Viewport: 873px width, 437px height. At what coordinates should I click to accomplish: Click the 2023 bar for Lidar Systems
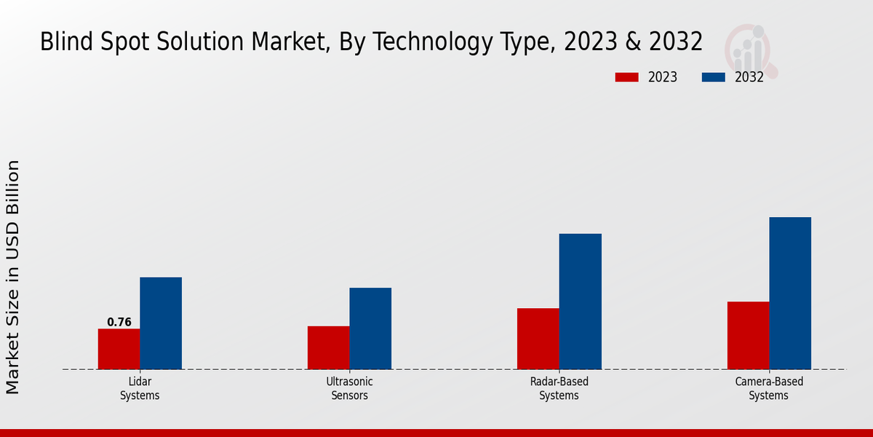[119, 349]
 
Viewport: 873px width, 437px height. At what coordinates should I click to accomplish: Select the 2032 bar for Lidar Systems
[161, 323]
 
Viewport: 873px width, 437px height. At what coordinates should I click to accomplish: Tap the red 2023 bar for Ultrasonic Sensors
[328, 347]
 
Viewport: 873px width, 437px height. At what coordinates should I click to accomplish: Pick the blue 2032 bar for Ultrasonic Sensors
[370, 328]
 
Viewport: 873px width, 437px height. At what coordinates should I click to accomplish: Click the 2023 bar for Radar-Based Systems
[538, 339]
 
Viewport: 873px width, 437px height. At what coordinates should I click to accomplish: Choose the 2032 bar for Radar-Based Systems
[581, 302]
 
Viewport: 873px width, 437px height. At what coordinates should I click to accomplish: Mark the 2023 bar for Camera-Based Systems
[748, 335]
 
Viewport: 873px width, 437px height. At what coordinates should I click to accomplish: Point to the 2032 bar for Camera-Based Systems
[790, 293]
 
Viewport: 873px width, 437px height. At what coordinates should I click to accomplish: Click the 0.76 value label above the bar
[119, 322]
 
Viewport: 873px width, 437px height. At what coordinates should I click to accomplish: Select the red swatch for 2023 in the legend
[626, 77]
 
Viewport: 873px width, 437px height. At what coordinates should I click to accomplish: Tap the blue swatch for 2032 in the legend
[714, 77]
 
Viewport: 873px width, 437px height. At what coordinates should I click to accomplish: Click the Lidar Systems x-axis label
[140, 389]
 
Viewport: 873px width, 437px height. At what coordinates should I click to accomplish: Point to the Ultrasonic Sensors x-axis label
[349, 389]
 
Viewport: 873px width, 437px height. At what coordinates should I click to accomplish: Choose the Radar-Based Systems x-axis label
[559, 389]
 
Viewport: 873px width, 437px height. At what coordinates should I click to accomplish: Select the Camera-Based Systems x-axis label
[769, 389]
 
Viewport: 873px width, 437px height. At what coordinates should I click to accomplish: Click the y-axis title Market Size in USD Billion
[14, 277]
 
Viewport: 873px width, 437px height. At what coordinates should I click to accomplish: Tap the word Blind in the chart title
[64, 42]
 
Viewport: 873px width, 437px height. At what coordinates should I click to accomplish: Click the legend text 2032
[749, 77]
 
